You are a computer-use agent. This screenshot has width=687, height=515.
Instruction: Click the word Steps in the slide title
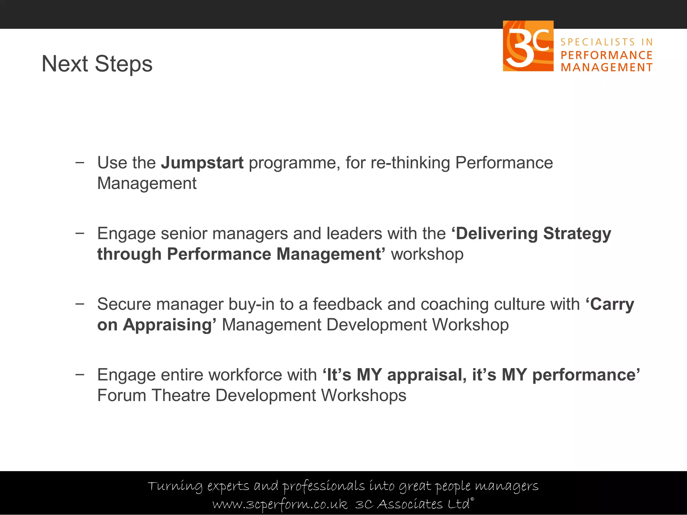(x=123, y=64)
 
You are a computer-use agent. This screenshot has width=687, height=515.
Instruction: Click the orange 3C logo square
(x=528, y=46)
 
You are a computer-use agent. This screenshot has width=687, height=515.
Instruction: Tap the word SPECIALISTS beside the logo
(x=598, y=42)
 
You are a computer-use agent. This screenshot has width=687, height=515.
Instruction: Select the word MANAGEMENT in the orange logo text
(x=606, y=67)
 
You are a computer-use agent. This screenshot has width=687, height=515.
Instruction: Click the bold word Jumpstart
(x=202, y=163)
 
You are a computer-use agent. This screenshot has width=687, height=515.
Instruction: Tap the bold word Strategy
(x=577, y=234)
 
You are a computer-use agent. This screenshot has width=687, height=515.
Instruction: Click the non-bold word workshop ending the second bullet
(x=427, y=254)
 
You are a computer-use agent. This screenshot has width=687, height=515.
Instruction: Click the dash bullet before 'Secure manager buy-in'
(x=80, y=304)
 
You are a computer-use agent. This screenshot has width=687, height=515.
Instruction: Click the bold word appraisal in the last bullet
(x=426, y=375)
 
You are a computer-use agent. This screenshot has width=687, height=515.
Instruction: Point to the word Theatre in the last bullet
(x=181, y=395)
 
